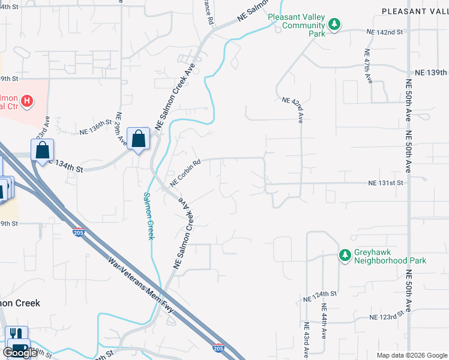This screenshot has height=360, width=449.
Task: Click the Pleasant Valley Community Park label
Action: click(x=296, y=26)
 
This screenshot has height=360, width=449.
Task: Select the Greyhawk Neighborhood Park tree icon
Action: click(x=345, y=256)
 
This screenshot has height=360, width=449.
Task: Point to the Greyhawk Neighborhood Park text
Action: click(x=390, y=256)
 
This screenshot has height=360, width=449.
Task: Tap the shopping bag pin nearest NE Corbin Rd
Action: click(x=139, y=139)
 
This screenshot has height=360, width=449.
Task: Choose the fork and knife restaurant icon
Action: click(x=17, y=334)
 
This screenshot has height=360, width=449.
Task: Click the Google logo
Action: click(x=20, y=352)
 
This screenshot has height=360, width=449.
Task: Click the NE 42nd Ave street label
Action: click(x=293, y=109)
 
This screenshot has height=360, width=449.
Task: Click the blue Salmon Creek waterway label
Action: click(x=148, y=216)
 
